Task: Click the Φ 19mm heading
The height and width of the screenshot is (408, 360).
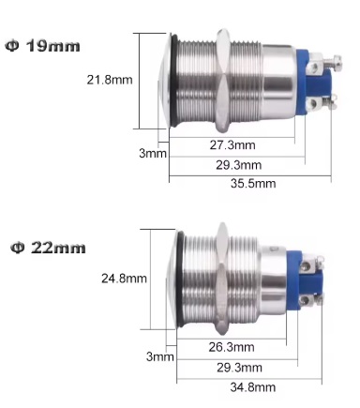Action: pos(44,44)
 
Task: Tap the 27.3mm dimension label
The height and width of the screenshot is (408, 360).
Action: pos(232,144)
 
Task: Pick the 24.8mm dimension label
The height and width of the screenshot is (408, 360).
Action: pos(124,279)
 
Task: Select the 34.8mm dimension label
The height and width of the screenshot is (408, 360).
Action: pos(252,386)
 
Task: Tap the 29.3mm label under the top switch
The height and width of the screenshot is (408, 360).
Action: pos(238,164)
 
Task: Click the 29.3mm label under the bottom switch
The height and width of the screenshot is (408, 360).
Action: pos(238,365)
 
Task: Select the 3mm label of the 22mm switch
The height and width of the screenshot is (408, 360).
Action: pos(160,356)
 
